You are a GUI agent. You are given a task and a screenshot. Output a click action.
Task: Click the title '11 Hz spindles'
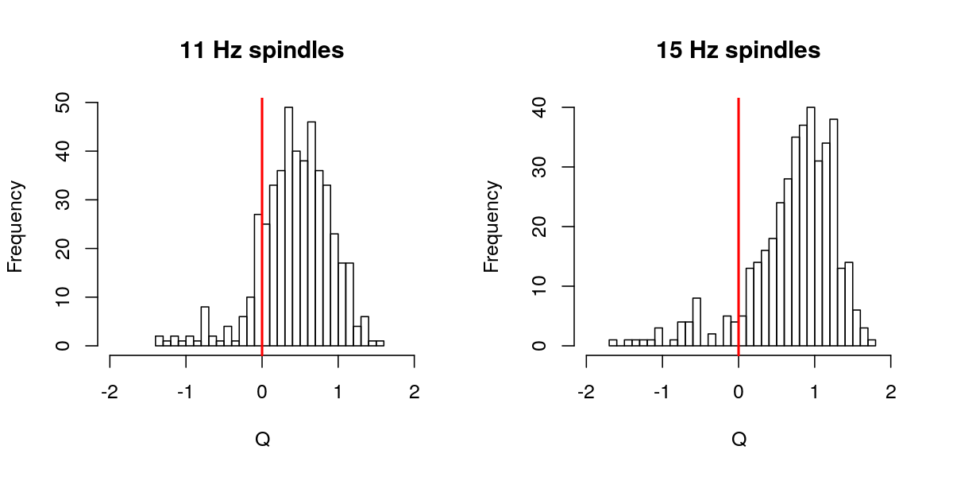[x=262, y=51]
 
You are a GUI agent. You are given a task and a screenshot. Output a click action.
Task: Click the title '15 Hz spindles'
[x=739, y=51]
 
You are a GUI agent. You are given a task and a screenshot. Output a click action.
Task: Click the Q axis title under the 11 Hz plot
[x=262, y=439]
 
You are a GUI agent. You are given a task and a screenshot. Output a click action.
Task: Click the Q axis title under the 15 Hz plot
[x=739, y=439]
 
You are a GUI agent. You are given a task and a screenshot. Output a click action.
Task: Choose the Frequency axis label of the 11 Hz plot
[x=16, y=227]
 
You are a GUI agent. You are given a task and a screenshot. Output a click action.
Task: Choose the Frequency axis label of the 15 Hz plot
[x=492, y=227]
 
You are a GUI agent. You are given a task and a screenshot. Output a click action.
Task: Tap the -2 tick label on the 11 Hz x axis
[x=110, y=392]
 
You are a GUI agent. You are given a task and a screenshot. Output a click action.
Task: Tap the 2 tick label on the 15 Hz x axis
[x=891, y=392]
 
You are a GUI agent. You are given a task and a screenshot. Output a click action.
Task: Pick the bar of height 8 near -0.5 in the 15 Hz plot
[x=696, y=322]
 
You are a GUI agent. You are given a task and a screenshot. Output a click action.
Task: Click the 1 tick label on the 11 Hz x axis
[x=338, y=392]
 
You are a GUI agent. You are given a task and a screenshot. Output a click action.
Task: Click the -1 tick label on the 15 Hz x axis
[x=662, y=392]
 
